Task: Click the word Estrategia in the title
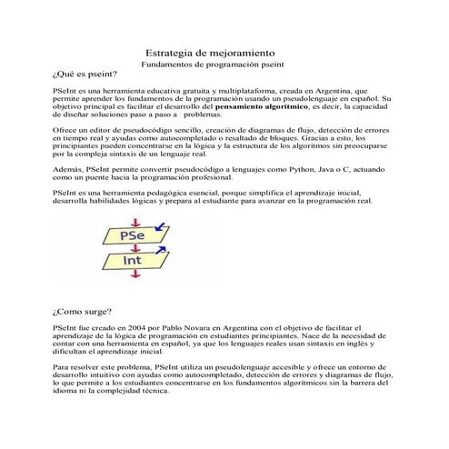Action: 173,55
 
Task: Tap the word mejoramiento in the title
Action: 243,55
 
